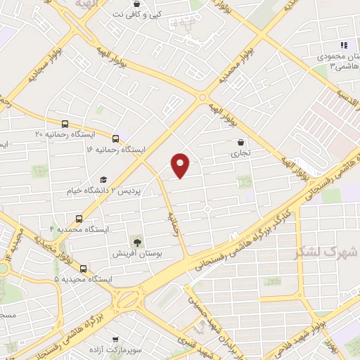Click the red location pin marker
click(x=181, y=165)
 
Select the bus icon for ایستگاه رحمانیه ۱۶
click(x=116, y=138)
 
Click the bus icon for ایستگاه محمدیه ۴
click(x=78, y=218)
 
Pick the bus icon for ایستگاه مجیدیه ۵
click(x=84, y=268)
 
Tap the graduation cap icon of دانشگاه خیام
click(x=103, y=179)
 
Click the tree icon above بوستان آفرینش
click(x=136, y=240)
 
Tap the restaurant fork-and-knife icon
click(x=344, y=44)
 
